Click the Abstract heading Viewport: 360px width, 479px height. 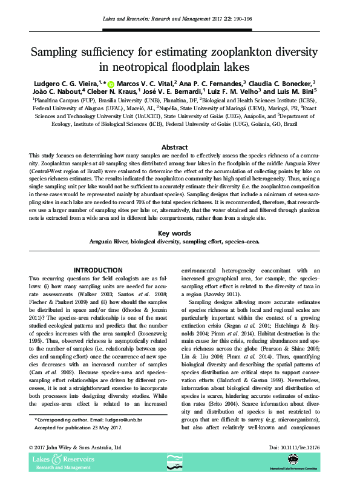pyautogui.click(x=179, y=147)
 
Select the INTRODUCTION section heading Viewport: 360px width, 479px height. pyautogui.click(x=98, y=270)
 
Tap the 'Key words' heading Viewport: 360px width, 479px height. pyautogui.click(x=179, y=233)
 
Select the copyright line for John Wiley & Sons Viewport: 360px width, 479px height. pyautogui.click(x=76, y=448)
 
